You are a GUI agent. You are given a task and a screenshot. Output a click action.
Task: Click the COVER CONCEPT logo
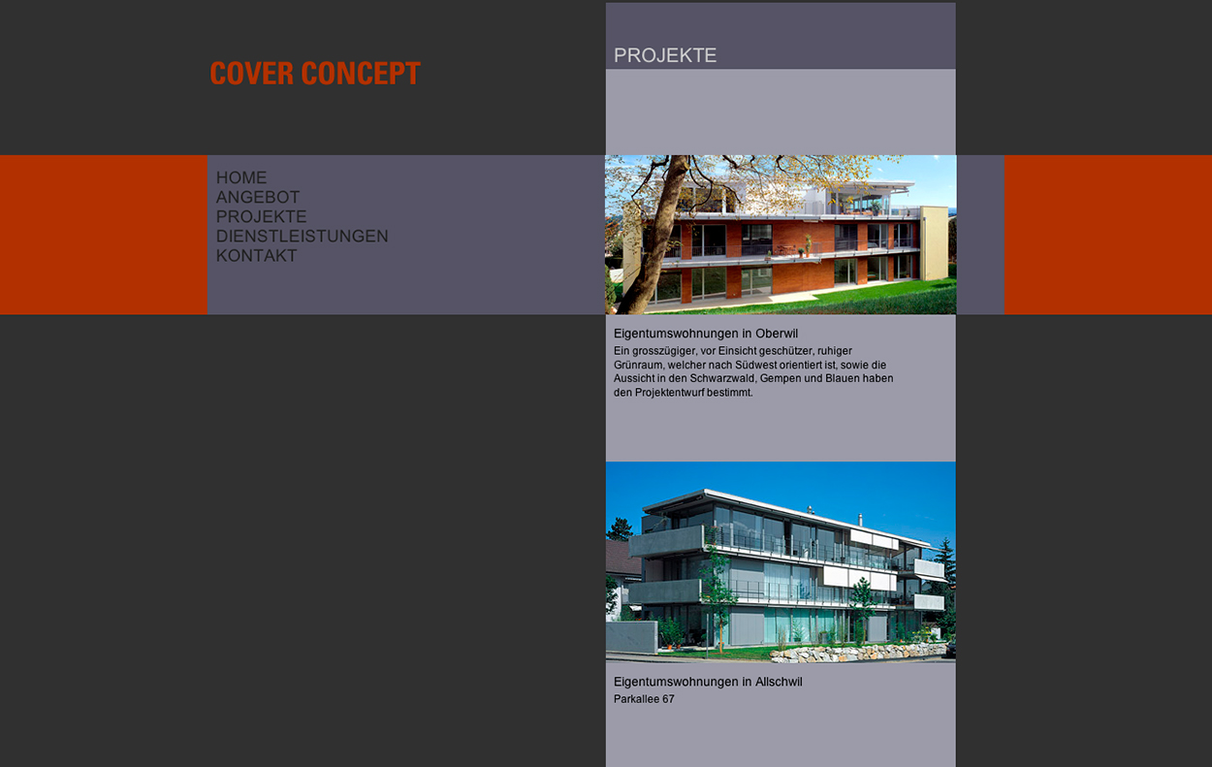(315, 73)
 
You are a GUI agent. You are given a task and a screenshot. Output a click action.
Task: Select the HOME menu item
(241, 177)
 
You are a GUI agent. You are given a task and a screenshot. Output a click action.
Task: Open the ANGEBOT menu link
(258, 197)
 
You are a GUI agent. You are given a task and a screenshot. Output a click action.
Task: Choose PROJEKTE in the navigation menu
(262, 216)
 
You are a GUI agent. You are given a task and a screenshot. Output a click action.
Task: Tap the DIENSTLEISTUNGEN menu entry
(302, 236)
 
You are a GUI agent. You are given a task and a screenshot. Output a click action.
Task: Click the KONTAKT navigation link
(257, 255)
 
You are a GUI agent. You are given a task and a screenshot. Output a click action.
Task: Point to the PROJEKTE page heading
(665, 55)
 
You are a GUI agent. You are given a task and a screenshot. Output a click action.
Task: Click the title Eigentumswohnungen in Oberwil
(706, 334)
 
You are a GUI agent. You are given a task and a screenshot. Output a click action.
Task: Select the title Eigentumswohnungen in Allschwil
(708, 682)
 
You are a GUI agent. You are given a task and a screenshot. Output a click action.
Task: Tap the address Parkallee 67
(644, 699)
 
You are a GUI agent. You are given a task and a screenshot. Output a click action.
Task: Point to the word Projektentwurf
(669, 393)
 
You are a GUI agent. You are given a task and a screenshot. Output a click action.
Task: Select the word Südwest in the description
(754, 365)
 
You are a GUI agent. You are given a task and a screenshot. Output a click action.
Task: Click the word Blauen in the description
(843, 378)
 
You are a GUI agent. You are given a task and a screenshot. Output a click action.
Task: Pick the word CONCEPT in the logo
(361, 73)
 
